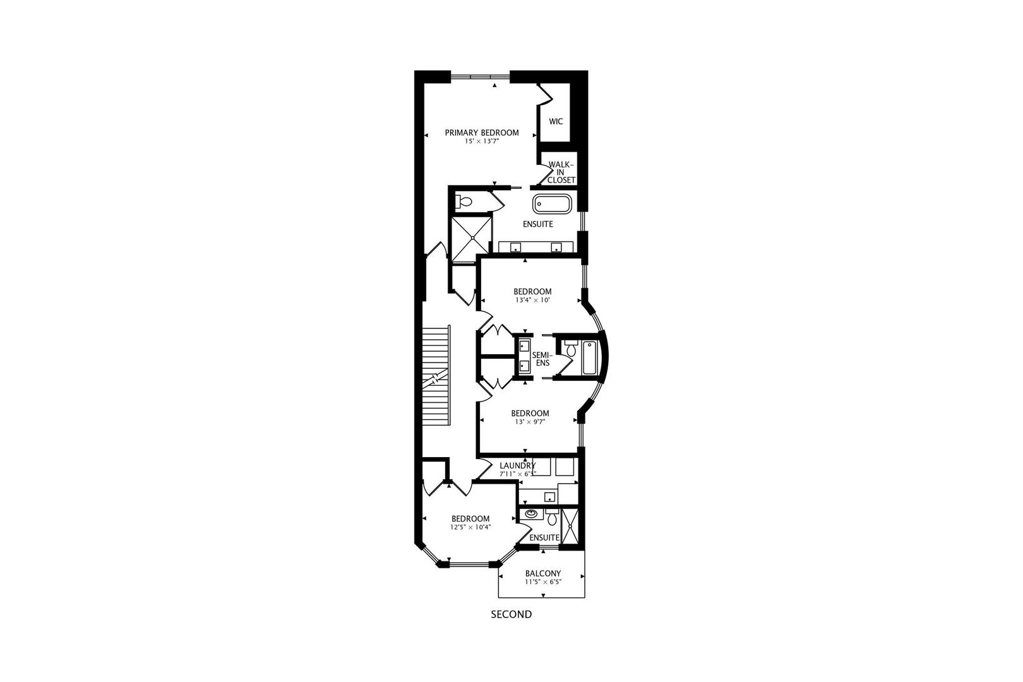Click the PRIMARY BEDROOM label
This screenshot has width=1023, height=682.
click(482, 133)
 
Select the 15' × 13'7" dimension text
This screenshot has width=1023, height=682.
click(482, 142)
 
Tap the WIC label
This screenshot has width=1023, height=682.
click(556, 121)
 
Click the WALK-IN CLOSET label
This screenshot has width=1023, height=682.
click(561, 172)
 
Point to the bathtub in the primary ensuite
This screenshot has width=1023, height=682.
click(553, 203)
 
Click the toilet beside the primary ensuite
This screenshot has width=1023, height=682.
click(464, 202)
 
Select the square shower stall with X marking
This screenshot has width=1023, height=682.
click(470, 237)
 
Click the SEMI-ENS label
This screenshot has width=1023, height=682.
click(541, 359)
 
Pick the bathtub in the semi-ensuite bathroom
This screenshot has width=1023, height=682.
click(590, 357)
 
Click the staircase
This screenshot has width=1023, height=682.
click(434, 377)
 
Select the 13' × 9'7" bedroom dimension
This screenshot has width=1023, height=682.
click(529, 422)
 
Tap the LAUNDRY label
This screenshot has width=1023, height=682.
click(517, 465)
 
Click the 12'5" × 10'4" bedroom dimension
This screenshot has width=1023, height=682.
click(470, 527)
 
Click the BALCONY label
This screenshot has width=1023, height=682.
click(542, 574)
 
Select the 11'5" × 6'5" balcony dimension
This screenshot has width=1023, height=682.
click(542, 582)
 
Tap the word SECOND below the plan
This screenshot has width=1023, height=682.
click(512, 614)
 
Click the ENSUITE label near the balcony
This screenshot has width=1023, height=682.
click(544, 537)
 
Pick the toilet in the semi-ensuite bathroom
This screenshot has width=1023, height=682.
click(570, 349)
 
